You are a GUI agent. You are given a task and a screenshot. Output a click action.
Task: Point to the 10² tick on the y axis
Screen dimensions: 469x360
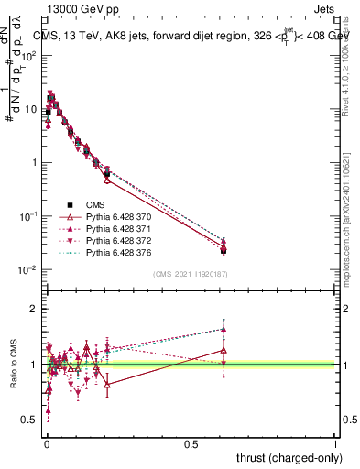(x=29, y=55)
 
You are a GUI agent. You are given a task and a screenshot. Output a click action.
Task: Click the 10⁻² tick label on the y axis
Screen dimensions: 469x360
(x=28, y=269)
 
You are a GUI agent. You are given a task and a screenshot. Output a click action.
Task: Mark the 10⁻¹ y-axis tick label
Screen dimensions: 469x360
(x=28, y=216)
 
